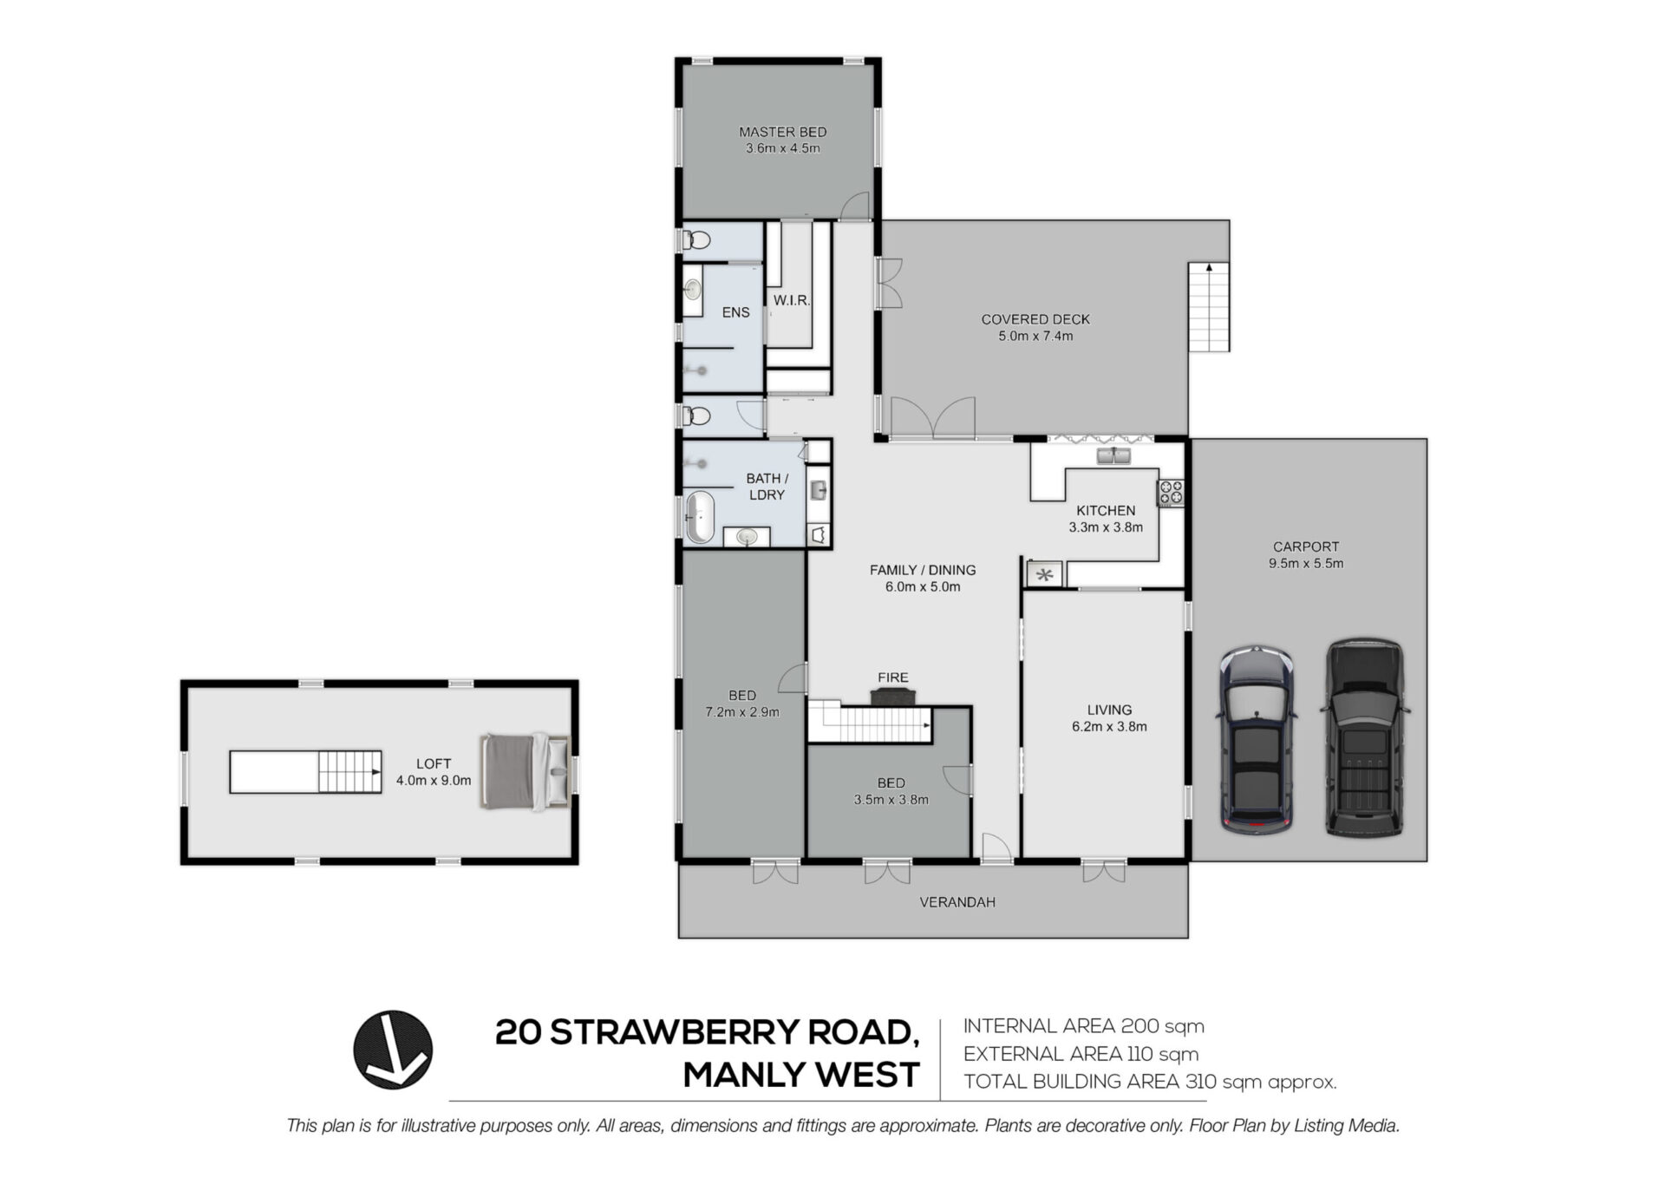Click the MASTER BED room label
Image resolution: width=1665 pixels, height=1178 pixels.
pyautogui.click(x=782, y=132)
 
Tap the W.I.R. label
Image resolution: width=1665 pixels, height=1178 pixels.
pyautogui.click(x=792, y=300)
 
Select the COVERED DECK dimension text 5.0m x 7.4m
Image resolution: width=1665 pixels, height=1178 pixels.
pyautogui.click(x=1035, y=336)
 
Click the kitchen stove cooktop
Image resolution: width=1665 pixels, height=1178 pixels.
pyautogui.click(x=1171, y=493)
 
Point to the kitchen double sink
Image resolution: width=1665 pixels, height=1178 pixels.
pyautogui.click(x=1114, y=455)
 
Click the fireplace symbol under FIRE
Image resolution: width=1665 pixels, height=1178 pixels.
pyautogui.click(x=893, y=697)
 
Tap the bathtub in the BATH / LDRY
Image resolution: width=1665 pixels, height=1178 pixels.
pyautogui.click(x=699, y=518)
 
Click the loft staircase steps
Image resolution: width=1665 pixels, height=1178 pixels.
pyautogui.click(x=349, y=771)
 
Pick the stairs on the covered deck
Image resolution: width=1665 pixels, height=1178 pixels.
pyautogui.click(x=1209, y=306)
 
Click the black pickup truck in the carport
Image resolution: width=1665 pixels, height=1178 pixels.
pyautogui.click(x=1364, y=737)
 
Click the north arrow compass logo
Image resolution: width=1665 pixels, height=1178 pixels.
pyautogui.click(x=393, y=1050)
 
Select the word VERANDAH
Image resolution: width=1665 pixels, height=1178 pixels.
pyautogui.click(x=957, y=902)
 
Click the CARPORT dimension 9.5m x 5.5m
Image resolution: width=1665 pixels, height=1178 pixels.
pyautogui.click(x=1306, y=563)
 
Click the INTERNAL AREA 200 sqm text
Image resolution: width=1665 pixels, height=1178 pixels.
pyautogui.click(x=1084, y=1026)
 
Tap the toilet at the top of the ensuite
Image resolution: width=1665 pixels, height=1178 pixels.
pyautogui.click(x=696, y=240)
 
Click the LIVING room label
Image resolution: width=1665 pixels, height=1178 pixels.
pyautogui.click(x=1109, y=710)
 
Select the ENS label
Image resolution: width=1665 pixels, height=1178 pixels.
pyautogui.click(x=735, y=312)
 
